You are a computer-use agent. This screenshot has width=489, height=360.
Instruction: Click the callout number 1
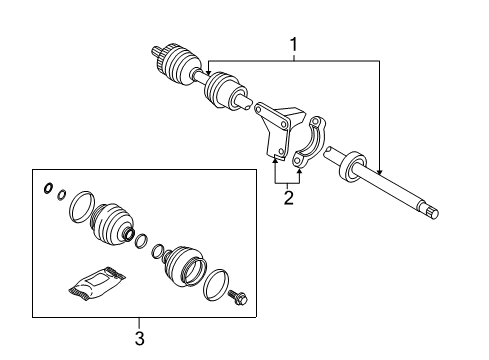point(293,45)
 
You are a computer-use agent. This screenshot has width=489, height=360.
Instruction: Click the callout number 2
point(288,198)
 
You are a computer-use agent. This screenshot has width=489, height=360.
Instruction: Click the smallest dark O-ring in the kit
point(47,189)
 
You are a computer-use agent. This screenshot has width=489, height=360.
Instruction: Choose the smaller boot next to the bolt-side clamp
point(186,265)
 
